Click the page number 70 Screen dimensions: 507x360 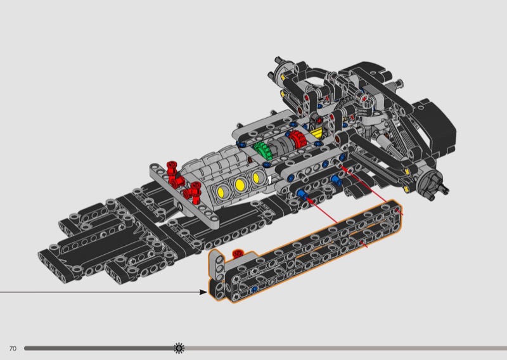13,349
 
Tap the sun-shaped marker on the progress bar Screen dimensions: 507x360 179,348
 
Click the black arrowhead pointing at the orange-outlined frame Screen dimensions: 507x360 203,292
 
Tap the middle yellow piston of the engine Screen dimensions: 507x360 240,184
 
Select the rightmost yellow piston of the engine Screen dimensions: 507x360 257,177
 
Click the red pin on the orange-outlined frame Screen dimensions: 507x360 238,254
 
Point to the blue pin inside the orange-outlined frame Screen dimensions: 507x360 255,289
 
